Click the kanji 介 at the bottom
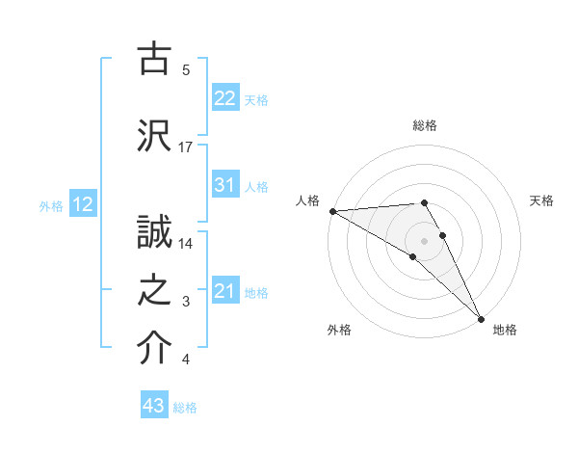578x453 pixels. (155, 350)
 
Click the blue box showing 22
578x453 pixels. (225, 98)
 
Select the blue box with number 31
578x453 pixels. (225, 185)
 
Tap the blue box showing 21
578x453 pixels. (225, 291)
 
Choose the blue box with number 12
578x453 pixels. (83, 204)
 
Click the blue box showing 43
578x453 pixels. (154, 406)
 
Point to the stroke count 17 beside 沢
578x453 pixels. (186, 147)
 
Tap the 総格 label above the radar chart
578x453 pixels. (424, 125)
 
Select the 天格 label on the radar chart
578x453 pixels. (542, 200)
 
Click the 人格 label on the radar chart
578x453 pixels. (308, 200)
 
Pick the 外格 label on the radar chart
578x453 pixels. (338, 330)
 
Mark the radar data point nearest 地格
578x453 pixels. (481, 318)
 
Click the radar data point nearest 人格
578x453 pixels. (332, 211)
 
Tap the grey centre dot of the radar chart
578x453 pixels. (424, 240)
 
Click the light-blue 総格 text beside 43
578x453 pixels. (185, 408)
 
